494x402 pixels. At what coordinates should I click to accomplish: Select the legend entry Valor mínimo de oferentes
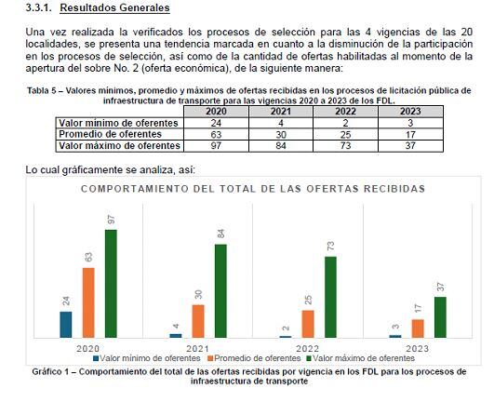click(145, 357)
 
